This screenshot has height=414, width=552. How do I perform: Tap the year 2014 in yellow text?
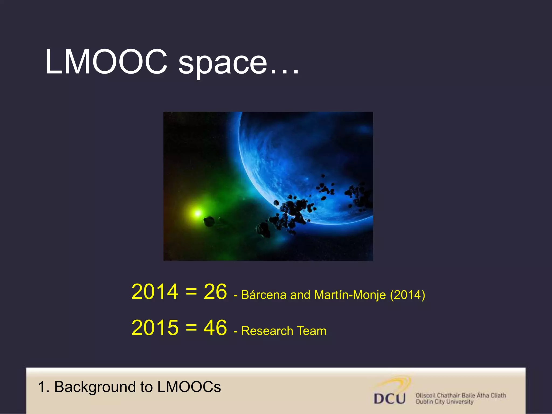point(155,292)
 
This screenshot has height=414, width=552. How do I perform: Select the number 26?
point(215,292)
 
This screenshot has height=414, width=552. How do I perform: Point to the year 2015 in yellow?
point(155,328)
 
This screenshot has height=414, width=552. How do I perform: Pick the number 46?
point(215,328)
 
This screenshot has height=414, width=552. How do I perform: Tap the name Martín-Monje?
point(350,295)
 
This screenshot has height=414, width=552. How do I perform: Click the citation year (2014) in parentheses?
point(408,295)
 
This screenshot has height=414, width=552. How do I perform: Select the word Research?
point(267,331)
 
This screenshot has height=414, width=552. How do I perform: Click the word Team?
point(312,331)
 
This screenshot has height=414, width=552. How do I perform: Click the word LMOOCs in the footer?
point(189,387)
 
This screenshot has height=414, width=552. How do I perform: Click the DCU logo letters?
point(389,399)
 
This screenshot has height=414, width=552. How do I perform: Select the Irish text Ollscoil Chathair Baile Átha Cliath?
point(461,395)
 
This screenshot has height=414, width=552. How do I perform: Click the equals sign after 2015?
point(191,328)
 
